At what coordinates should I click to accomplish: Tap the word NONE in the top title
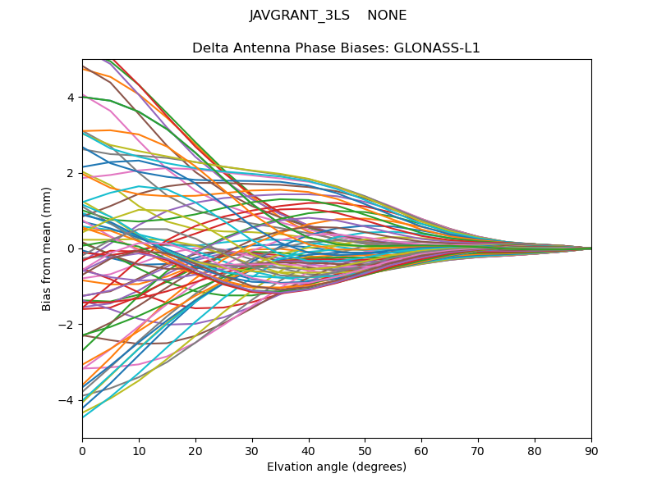(x=387, y=16)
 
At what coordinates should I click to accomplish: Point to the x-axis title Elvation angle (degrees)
(x=337, y=467)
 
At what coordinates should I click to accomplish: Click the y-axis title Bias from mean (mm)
(x=48, y=248)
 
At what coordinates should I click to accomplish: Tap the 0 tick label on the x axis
(x=82, y=450)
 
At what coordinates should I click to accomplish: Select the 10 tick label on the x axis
(x=139, y=450)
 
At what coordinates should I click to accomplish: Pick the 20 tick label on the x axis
(x=195, y=450)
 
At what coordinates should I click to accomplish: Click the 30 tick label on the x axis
(x=252, y=450)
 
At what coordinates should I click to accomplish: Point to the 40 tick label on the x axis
(x=309, y=450)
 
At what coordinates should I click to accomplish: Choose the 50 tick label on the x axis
(x=365, y=450)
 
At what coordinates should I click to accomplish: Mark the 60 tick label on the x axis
(x=421, y=450)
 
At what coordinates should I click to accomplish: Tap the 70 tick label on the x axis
(x=478, y=450)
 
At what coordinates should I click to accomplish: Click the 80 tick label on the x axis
(x=535, y=450)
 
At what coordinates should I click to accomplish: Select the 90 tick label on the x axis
(x=591, y=450)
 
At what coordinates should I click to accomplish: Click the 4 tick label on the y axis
(x=71, y=98)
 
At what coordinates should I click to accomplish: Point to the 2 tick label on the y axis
(x=71, y=173)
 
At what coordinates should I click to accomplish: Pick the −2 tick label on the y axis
(x=67, y=325)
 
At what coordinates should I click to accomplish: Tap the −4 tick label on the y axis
(x=67, y=400)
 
